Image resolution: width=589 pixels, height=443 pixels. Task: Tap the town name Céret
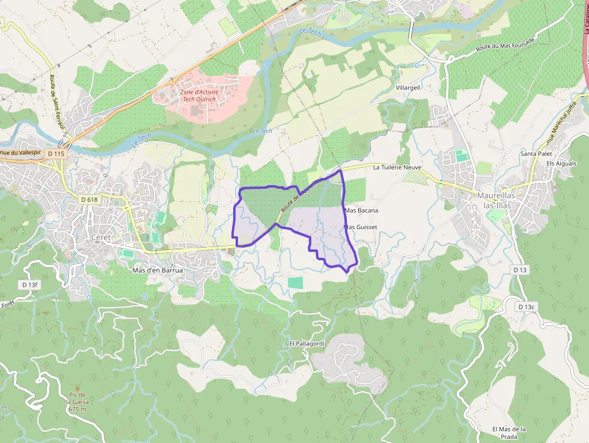[100, 237]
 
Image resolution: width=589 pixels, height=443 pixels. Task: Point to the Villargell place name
[408, 87]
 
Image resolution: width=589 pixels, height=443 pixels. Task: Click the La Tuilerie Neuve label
[397, 168]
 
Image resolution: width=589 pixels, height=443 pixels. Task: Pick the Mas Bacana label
[362, 210]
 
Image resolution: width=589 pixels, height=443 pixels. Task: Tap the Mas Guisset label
[360, 227]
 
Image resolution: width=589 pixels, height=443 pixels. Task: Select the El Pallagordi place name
[307, 343]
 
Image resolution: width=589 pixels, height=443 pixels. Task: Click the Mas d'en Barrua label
[157, 270]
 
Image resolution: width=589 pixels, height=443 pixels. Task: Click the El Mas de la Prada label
[509, 433]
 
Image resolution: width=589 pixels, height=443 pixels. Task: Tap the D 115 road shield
[56, 154]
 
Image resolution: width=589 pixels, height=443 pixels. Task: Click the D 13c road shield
[526, 307]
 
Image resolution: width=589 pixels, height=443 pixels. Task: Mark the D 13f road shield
[29, 284]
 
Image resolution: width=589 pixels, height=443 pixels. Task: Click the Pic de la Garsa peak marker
[77, 388]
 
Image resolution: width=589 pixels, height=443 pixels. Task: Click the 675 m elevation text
[77, 409]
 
